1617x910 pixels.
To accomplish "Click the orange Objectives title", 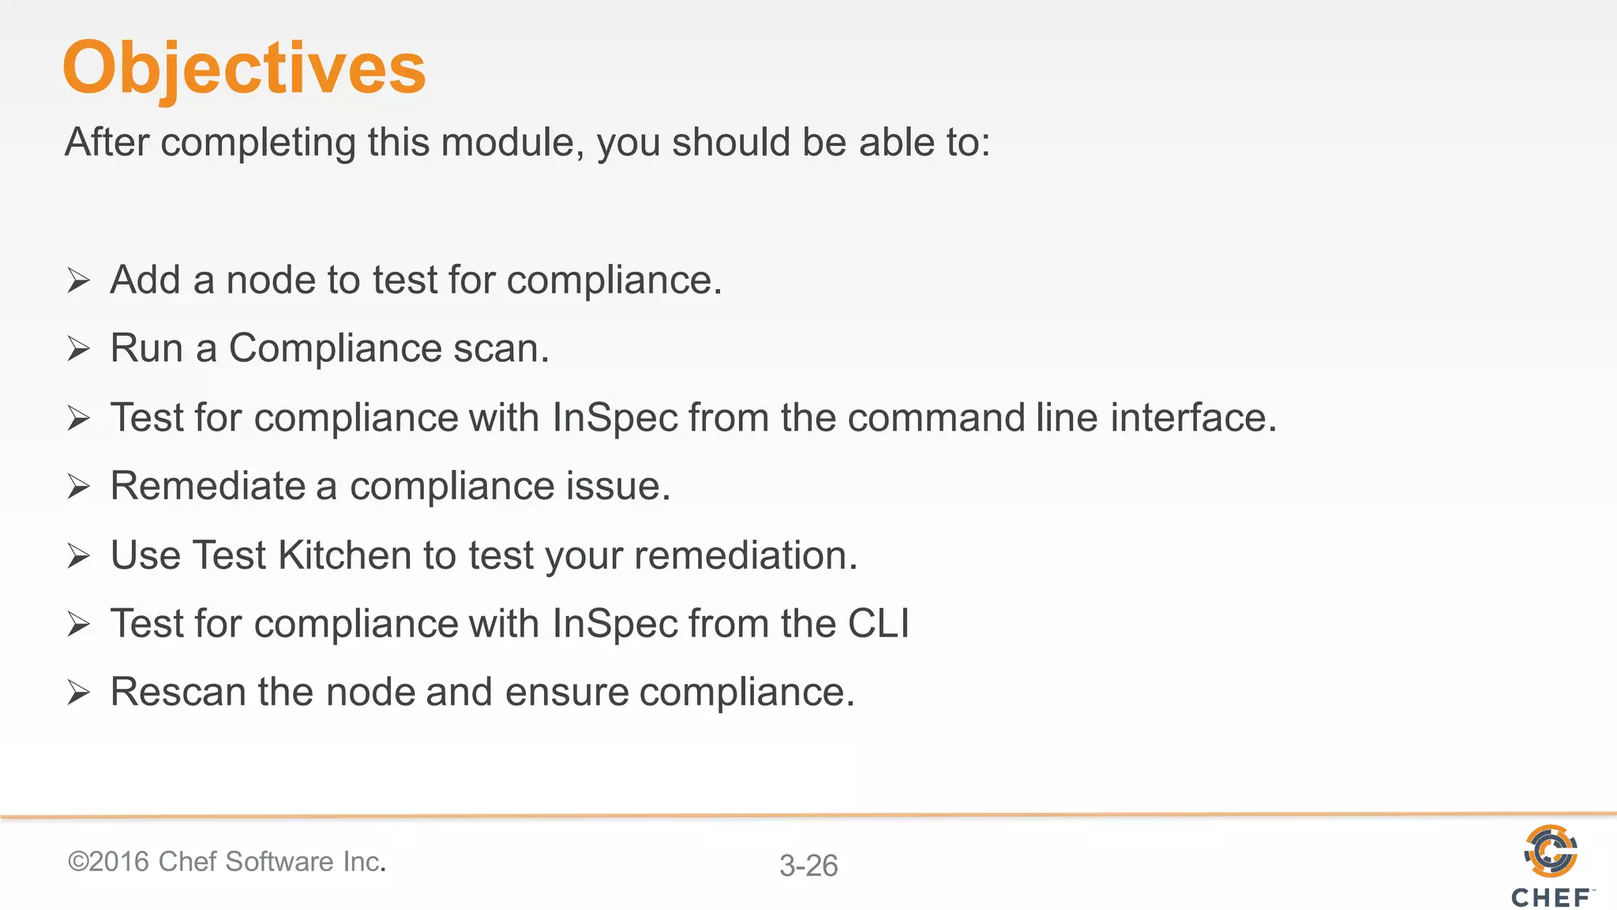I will [244, 69].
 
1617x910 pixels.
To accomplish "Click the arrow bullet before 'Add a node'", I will [79, 280].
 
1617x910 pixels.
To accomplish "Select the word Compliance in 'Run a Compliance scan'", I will [335, 348].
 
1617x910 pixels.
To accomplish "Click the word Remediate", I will [208, 486].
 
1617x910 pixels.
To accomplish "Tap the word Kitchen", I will [345, 555].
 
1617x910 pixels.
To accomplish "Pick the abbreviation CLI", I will [878, 623].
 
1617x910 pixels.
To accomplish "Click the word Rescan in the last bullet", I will [178, 692].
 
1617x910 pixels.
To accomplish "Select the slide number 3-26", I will [808, 866].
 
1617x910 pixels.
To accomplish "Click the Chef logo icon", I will [1551, 851].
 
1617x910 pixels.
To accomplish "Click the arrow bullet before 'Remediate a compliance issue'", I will [79, 487].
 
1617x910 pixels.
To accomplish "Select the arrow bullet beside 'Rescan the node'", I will [79, 693].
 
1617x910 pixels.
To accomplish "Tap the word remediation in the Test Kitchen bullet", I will [745, 555].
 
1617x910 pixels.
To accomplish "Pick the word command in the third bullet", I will [936, 417].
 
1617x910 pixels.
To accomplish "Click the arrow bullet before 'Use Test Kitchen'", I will [79, 555].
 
